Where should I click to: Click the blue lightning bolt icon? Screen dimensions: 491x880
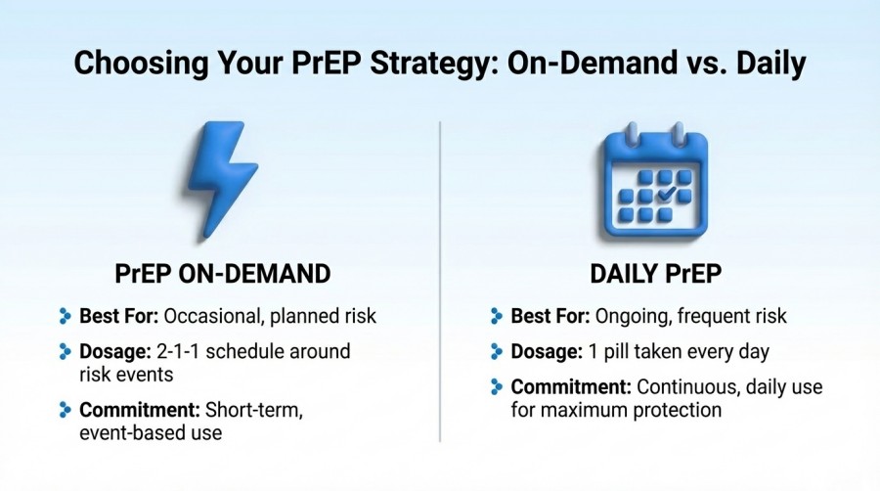[x=222, y=181]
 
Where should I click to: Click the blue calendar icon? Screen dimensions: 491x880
[x=655, y=183]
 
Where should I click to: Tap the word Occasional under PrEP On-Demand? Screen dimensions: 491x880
[x=210, y=316]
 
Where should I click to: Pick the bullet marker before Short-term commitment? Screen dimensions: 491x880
[x=66, y=410]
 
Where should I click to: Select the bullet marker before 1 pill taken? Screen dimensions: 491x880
[x=497, y=351]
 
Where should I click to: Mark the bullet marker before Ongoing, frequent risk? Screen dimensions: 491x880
[x=497, y=316]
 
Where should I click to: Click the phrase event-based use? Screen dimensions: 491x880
[x=151, y=432]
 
